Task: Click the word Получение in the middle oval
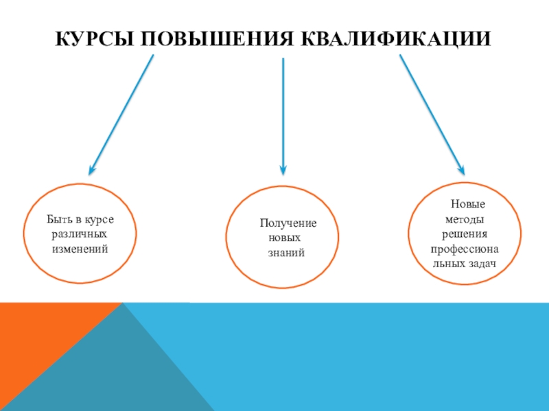coord(288,224)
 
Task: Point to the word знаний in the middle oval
coord(286,253)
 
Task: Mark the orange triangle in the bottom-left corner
coord(34,342)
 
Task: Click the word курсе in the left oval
coord(99,220)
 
